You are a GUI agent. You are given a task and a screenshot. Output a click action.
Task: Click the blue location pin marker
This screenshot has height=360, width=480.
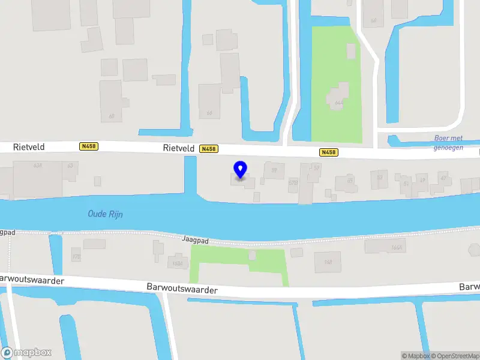(x=241, y=170)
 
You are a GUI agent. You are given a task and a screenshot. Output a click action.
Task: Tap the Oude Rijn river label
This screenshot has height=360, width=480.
(x=105, y=214)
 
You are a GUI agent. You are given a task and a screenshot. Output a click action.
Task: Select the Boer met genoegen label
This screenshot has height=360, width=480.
(x=448, y=142)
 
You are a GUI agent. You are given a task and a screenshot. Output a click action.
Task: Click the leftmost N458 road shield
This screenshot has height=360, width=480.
(x=88, y=146)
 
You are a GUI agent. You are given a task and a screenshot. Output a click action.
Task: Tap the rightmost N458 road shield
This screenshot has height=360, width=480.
(x=328, y=152)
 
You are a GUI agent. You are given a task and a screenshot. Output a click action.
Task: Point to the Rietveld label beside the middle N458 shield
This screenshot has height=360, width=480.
(x=178, y=148)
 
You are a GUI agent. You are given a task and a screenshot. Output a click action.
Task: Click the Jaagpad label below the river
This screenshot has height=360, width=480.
(x=195, y=239)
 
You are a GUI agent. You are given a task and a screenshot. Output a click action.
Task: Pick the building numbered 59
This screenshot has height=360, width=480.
(x=274, y=170)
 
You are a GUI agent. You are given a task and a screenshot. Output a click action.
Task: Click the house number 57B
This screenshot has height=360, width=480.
(x=293, y=182)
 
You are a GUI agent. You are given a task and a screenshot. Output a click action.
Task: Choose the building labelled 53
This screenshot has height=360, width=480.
(x=379, y=178)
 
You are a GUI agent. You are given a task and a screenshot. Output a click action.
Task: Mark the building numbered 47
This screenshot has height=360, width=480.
(x=444, y=178)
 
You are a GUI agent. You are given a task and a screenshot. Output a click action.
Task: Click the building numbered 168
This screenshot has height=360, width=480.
(x=328, y=262)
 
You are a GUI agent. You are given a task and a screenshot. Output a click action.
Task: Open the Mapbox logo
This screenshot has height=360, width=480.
(x=26, y=353)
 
